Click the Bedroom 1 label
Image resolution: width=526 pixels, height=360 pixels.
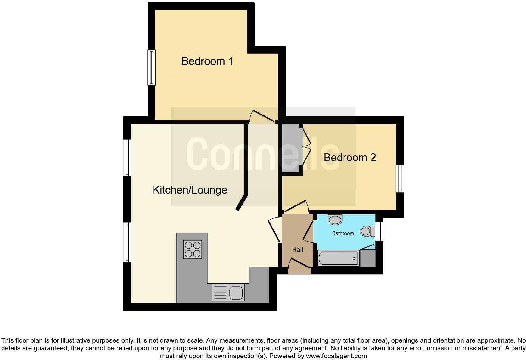pyautogui.click(x=207, y=61)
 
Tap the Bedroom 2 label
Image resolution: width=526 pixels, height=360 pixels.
pyautogui.click(x=350, y=157)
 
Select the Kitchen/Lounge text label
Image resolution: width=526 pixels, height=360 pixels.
pyautogui.click(x=190, y=190)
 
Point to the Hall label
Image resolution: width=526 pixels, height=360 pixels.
pyautogui.click(x=297, y=250)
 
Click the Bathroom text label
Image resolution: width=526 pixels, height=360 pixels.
pyautogui.click(x=343, y=233)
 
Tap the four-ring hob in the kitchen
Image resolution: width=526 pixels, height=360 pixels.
pyautogui.click(x=193, y=250)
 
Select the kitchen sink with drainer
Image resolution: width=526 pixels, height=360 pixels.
pyautogui.click(x=228, y=292)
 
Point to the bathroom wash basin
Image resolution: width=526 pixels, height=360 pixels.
pyautogui.click(x=335, y=219)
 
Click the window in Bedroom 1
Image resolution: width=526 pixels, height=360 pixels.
pyautogui.click(x=152, y=67)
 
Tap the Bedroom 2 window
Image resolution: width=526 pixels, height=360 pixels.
pyautogui.click(x=400, y=178)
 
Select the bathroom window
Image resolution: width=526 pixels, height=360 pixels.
pyautogui.click(x=379, y=231)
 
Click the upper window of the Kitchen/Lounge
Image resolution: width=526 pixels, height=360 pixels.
pyautogui.click(x=127, y=158)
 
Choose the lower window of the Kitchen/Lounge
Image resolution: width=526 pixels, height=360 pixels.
pyautogui.click(x=127, y=242)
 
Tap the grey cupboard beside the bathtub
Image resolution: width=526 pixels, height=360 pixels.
pyautogui.click(x=368, y=258)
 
